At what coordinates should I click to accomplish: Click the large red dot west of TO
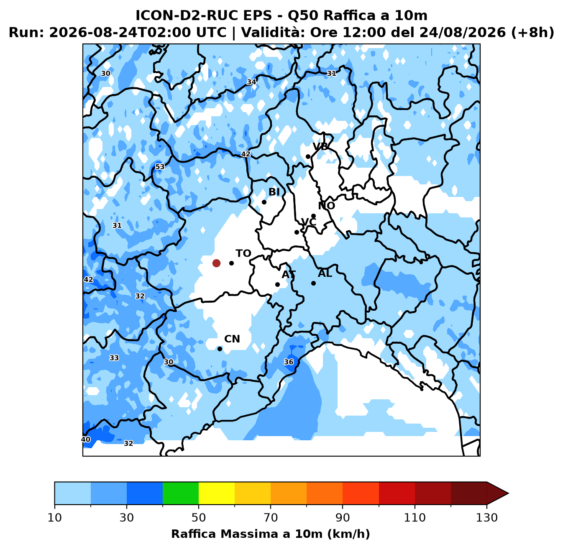[x=216, y=263]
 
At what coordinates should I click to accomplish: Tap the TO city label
[x=243, y=253]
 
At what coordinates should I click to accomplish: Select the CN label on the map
[x=232, y=339]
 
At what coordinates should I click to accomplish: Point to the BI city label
[x=274, y=192]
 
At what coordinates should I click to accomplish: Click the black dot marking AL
[x=313, y=283]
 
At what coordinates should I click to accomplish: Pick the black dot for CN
[x=220, y=349]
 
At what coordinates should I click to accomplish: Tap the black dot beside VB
[x=308, y=156]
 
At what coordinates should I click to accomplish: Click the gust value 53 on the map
[x=160, y=166]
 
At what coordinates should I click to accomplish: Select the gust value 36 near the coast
[x=289, y=362]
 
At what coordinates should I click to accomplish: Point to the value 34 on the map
[x=251, y=82]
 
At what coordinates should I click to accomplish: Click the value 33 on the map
[x=114, y=358]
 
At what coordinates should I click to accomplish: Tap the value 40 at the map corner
[x=86, y=439]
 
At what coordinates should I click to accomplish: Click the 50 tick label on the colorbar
[x=198, y=518]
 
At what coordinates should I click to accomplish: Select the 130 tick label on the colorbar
[x=486, y=518]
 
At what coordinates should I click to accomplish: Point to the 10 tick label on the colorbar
[x=55, y=518]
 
